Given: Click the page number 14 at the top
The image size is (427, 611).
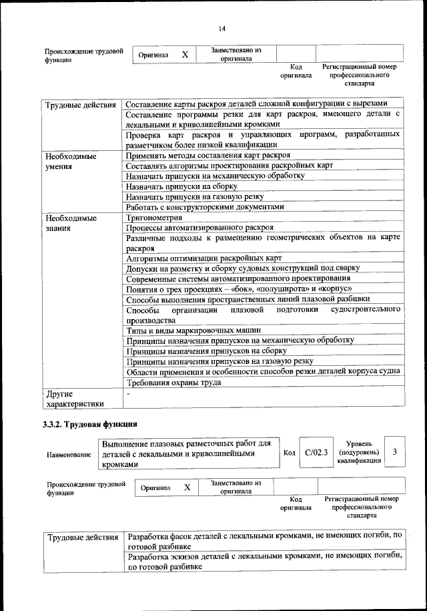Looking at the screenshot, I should point(222,27).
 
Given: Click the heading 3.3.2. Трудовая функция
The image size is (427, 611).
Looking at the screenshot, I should point(90,423).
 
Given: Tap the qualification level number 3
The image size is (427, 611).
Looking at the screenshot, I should point(395,453).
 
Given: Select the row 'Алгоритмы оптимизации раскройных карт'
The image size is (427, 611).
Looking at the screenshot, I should point(204,258).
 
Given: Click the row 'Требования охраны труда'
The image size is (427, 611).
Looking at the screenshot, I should point(173,383).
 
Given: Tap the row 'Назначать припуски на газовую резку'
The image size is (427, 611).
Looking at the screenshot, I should point(194,196).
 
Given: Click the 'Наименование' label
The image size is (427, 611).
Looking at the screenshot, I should point(69,454).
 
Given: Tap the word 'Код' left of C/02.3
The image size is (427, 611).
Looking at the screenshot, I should point(289,453).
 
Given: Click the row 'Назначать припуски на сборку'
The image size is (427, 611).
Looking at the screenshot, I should point(178,186).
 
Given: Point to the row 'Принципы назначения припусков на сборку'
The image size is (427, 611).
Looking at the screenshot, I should point(206,351).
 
